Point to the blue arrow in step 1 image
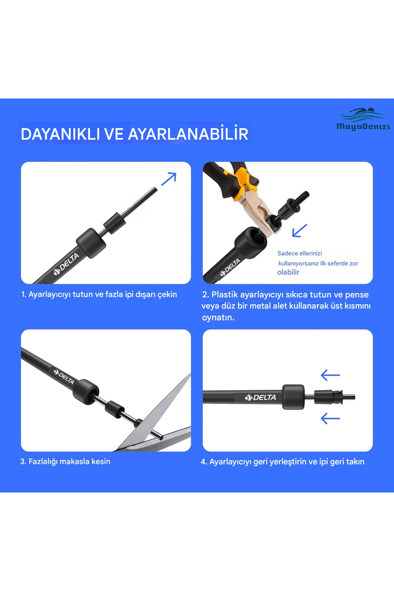(x=169, y=179)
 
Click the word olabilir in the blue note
(x=288, y=272)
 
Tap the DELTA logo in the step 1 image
(x=67, y=264)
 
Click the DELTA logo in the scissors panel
(x=64, y=377)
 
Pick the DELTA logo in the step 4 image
(x=261, y=398)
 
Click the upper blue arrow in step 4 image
(x=330, y=375)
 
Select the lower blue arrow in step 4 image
(x=330, y=419)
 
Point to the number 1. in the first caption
(x=24, y=295)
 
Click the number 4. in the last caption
(x=204, y=462)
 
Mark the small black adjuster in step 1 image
(x=115, y=223)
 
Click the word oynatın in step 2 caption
(x=218, y=317)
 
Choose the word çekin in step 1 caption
(x=167, y=295)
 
